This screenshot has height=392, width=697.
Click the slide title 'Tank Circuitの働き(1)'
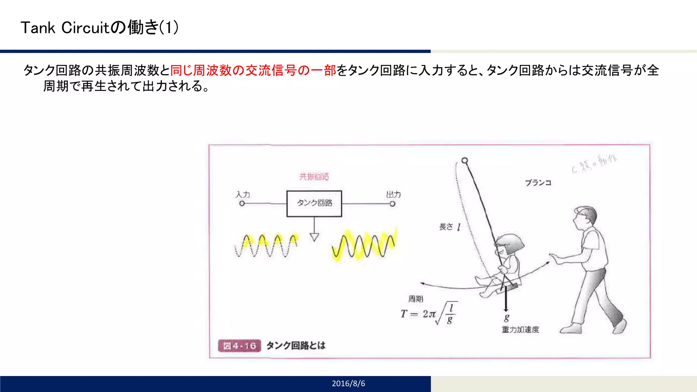[99, 28]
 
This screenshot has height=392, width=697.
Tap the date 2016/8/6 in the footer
[348, 383]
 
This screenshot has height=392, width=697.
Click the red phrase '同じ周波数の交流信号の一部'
[253, 70]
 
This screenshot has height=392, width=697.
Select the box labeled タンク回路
[314, 203]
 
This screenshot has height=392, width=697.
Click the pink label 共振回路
[314, 177]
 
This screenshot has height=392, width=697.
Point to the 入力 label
[243, 195]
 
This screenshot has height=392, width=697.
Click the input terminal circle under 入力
[242, 203]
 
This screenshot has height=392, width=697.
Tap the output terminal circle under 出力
[392, 204]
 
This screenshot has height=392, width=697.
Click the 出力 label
[393, 195]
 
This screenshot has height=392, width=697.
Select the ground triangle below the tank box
[314, 237]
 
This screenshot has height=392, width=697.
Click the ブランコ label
[538, 183]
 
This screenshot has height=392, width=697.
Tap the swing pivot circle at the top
[465, 160]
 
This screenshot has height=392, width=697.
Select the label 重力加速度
[520, 329]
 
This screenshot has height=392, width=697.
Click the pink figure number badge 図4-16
[239, 346]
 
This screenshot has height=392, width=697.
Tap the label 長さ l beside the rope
[450, 227]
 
